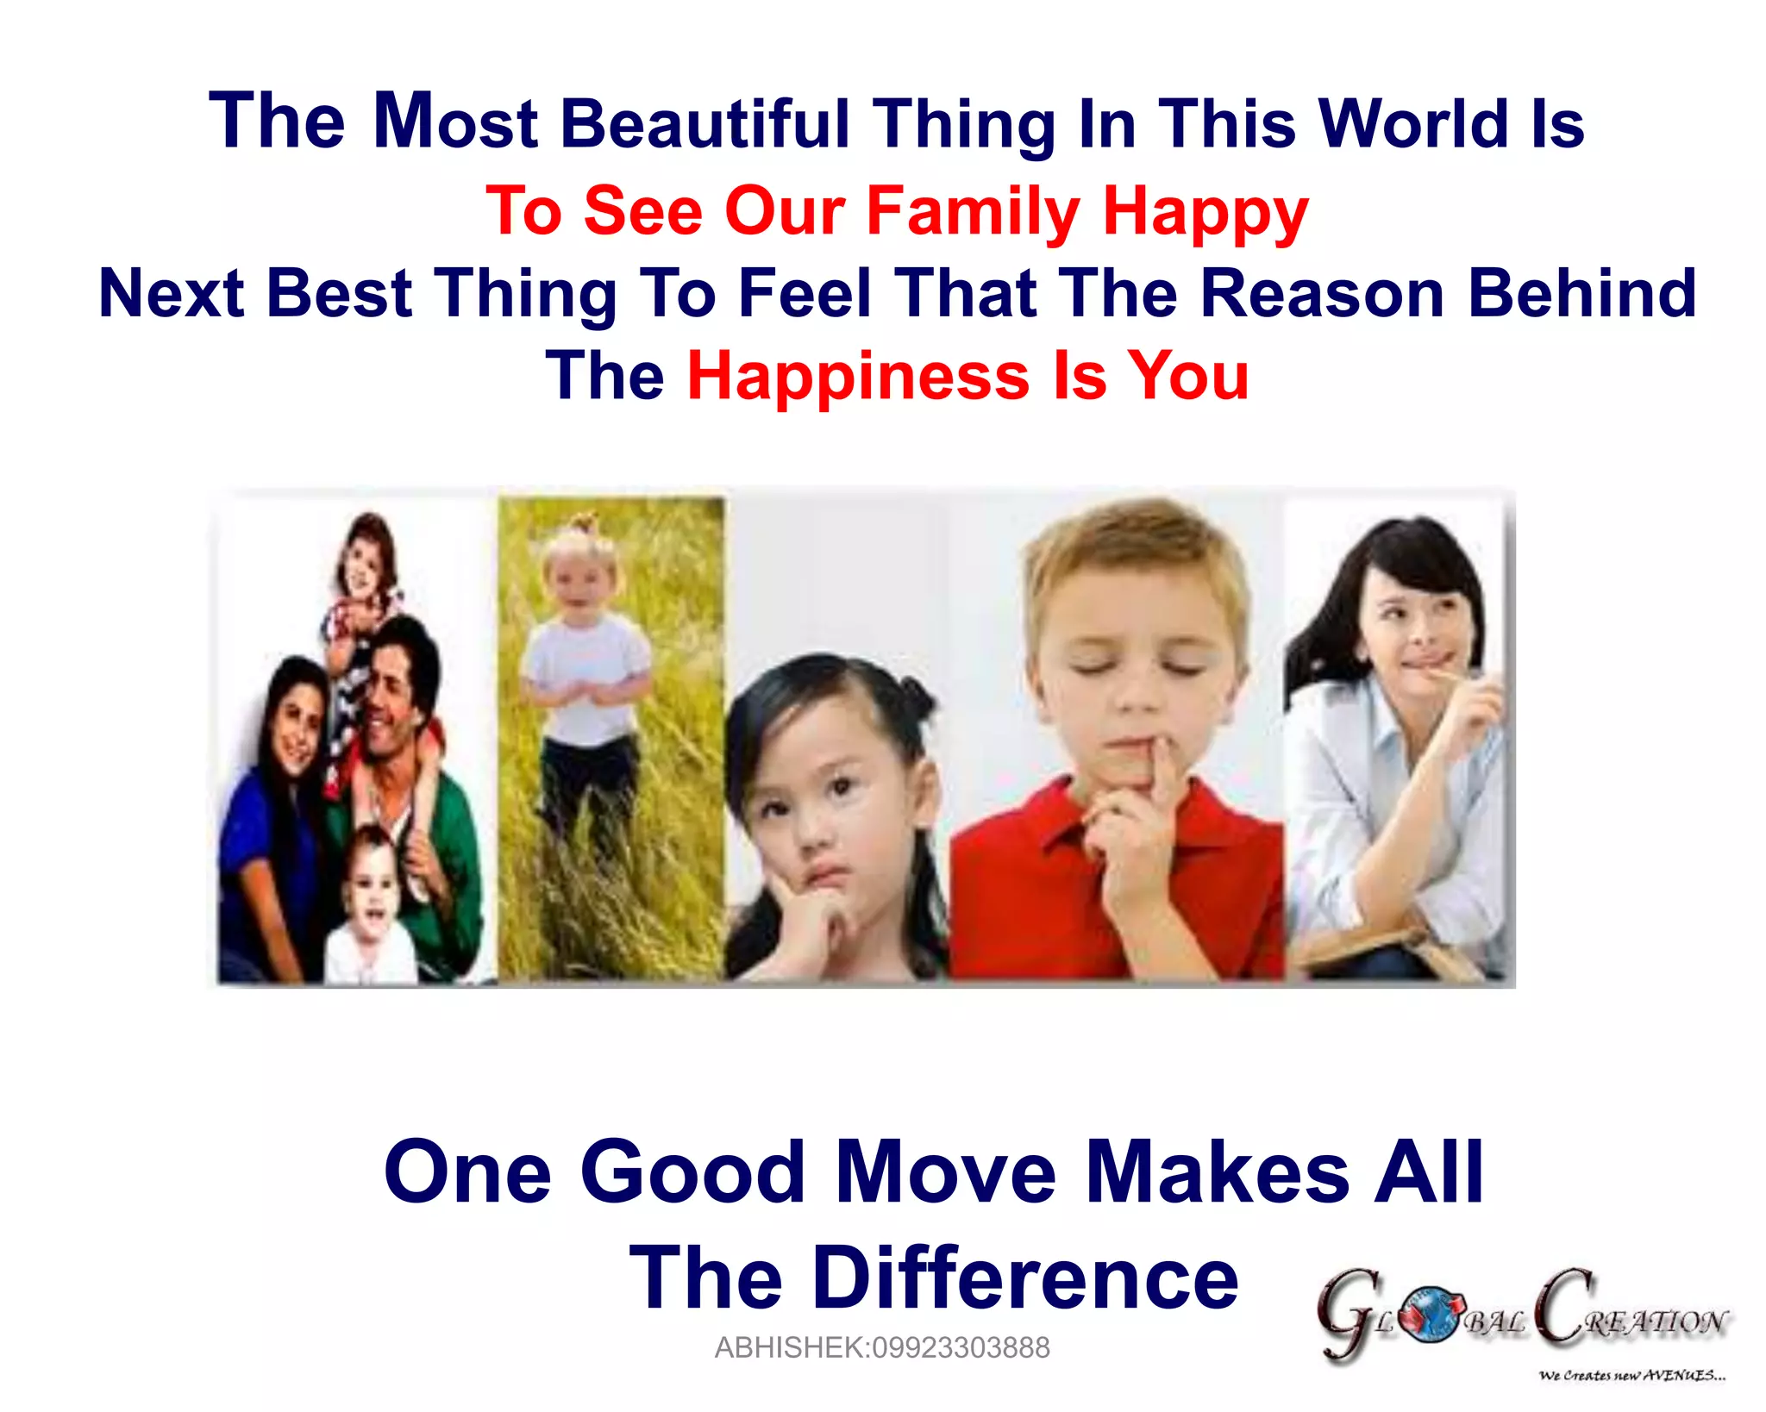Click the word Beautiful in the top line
(705, 125)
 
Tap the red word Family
(973, 211)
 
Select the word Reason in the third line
(1322, 293)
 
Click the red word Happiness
(858, 377)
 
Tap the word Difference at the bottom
(1025, 1278)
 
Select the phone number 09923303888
(961, 1347)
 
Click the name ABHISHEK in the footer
(791, 1347)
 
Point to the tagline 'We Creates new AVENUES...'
(1631, 1375)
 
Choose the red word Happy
(1206, 211)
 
